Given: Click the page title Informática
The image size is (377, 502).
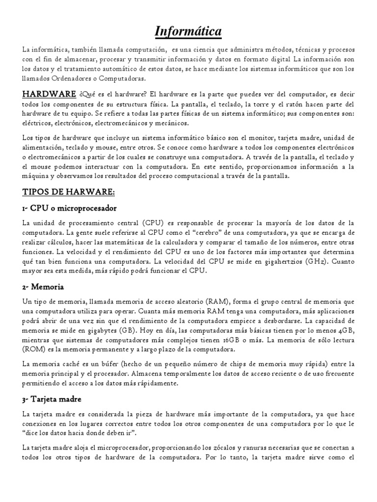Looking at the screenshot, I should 188,32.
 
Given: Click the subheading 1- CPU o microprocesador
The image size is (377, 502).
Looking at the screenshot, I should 69,208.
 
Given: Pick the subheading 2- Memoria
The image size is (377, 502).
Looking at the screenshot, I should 44,286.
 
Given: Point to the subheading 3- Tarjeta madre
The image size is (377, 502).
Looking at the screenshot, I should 52,399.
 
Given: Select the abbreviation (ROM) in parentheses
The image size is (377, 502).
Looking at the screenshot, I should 34,349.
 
